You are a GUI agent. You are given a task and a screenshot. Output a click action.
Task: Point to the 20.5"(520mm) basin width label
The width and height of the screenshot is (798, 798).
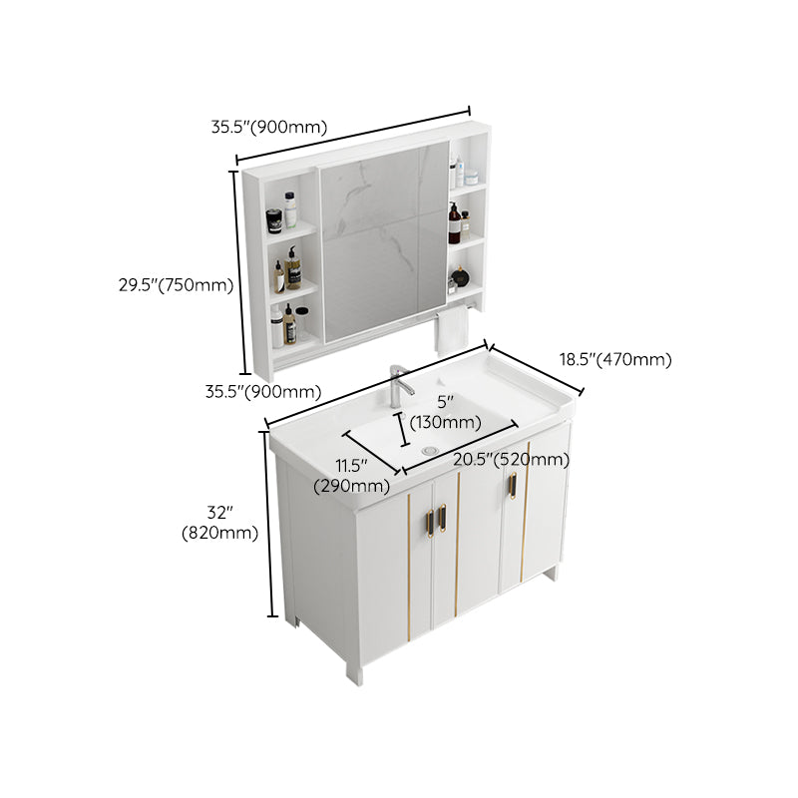click(x=511, y=459)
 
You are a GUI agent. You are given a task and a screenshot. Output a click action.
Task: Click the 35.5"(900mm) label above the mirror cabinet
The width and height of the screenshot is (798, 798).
click(x=269, y=127)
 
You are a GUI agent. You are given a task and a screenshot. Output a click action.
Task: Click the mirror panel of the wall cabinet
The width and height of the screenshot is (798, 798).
click(x=384, y=239)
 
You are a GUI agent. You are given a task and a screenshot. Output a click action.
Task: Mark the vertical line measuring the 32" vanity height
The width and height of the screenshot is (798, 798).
click(x=267, y=528)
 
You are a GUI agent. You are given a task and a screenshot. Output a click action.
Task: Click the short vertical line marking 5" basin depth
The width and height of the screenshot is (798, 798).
click(x=403, y=430)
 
